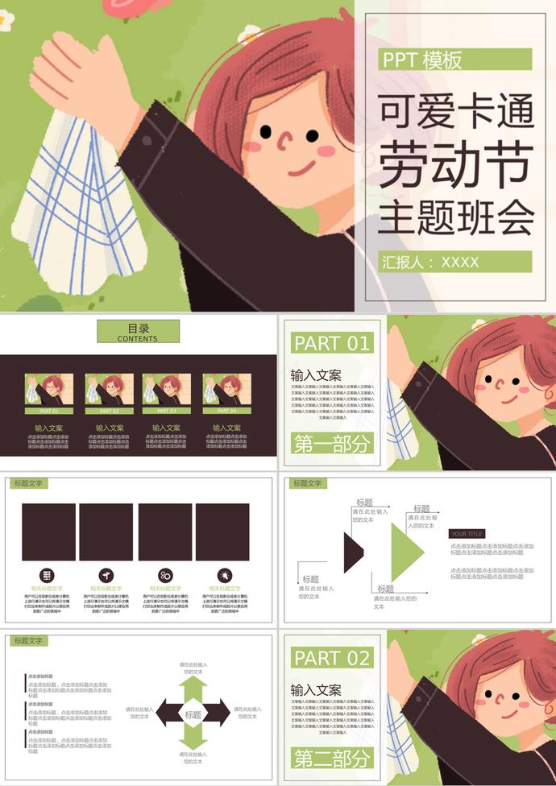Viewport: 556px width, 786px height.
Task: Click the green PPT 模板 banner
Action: point(455,60)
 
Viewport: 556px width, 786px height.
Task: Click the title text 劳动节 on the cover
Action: point(455,160)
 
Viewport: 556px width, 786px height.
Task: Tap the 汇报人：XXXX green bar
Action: point(455,262)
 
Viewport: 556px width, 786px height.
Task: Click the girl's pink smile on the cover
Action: point(301,169)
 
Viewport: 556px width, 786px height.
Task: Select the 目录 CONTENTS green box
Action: point(138,332)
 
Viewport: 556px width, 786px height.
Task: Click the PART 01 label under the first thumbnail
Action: point(49,411)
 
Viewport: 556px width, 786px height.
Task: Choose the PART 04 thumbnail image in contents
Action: point(227,389)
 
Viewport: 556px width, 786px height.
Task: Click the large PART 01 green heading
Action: point(332,343)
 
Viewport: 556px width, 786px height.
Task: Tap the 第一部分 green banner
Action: point(332,444)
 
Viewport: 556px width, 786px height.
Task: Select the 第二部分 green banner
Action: point(332,758)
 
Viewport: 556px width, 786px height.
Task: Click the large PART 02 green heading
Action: point(332,657)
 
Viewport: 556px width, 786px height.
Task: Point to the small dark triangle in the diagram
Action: point(352,552)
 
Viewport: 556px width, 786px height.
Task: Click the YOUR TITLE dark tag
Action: point(467,533)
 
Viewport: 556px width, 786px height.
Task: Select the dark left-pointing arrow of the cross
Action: point(168,714)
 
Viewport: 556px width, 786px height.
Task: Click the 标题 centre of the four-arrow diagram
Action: point(193,714)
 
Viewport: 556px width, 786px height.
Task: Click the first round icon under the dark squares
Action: point(48,575)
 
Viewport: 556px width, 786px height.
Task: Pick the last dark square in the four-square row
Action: point(223,532)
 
